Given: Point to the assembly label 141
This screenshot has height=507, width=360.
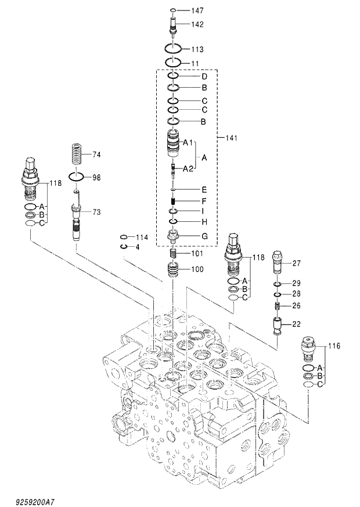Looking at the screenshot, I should [x=231, y=138].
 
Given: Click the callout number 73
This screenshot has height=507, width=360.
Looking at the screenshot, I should [x=96, y=212].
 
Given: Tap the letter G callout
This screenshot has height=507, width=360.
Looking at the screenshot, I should [x=204, y=236].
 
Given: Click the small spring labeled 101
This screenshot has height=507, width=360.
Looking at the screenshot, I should [x=174, y=254].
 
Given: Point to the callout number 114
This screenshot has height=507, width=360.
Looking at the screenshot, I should [x=142, y=238].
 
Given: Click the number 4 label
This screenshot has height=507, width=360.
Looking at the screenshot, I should [x=138, y=247].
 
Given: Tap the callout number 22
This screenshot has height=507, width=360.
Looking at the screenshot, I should [x=296, y=324].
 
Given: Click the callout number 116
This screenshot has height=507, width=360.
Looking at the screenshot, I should [x=334, y=346].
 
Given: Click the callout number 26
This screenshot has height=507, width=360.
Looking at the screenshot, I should [x=296, y=305].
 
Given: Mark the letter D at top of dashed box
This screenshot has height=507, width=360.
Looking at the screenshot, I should [x=204, y=76].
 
